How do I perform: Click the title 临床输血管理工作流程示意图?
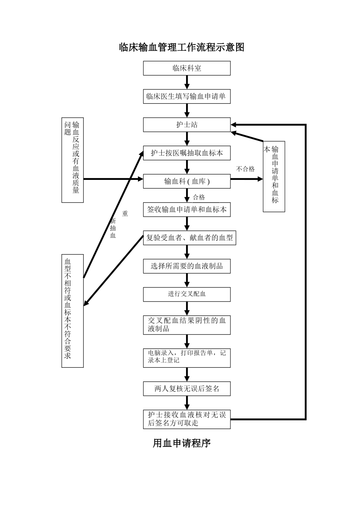pyautogui.click(x=182, y=47)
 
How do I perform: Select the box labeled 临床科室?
pyautogui.click(x=187, y=69)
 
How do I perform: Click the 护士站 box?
pyautogui.click(x=187, y=125)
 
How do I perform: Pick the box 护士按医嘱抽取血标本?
pyautogui.click(x=187, y=153)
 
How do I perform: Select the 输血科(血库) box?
pyautogui.click(x=187, y=181)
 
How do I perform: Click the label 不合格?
pyautogui.click(x=246, y=169)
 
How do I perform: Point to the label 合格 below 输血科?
pyautogui.click(x=199, y=197)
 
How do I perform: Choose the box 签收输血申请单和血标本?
pyautogui.click(x=187, y=209)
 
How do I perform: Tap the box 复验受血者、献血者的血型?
pyautogui.click(x=189, y=238)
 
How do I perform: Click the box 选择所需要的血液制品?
pyautogui.click(x=187, y=266)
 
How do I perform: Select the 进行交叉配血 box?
pyautogui.click(x=187, y=294)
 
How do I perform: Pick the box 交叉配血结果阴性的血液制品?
pyautogui.click(x=187, y=325)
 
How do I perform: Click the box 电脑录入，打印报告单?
pyautogui.click(x=187, y=358)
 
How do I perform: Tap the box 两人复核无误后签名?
pyautogui.click(x=187, y=389)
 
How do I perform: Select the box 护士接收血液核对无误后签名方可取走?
pyautogui.click(x=187, y=419)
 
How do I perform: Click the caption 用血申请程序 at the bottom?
pyautogui.click(x=182, y=443)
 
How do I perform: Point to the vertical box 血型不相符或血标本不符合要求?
pyautogui.click(x=72, y=311)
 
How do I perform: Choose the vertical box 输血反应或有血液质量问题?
pyautogui.click(x=72, y=160)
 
